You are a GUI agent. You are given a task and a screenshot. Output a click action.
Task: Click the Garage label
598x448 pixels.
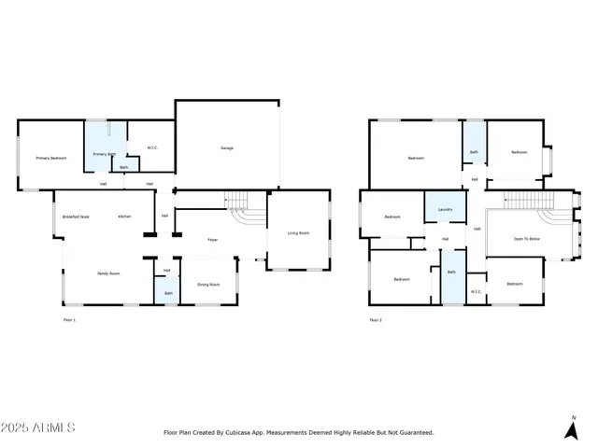[x=226, y=148]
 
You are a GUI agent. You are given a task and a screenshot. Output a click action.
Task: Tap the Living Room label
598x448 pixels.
[x=298, y=233]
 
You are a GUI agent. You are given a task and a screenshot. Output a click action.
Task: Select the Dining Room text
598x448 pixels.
[x=208, y=285]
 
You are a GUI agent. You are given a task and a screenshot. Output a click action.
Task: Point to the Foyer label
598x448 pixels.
[x=213, y=240]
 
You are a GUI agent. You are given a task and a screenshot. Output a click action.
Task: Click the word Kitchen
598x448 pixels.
[x=124, y=217]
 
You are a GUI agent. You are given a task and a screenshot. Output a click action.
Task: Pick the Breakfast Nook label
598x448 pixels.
[x=76, y=217]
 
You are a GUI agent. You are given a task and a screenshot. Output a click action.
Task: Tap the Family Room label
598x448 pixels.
[x=108, y=273]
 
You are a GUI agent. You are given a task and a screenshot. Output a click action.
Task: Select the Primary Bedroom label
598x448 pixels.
[x=51, y=159]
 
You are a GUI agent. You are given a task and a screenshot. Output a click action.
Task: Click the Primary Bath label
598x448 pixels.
[x=103, y=154]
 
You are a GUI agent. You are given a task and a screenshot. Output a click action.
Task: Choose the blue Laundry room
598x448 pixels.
[x=446, y=207]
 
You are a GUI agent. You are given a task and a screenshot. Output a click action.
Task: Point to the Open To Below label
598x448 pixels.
[x=527, y=239]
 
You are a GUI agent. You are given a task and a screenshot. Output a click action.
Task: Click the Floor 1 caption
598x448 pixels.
[x=68, y=320]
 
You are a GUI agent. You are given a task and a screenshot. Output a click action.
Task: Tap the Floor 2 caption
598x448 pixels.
[x=376, y=320]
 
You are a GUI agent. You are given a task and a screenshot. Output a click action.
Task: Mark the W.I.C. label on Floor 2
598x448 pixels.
[x=476, y=291]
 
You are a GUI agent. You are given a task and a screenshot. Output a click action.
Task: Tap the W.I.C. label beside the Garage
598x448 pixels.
[x=153, y=147]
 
